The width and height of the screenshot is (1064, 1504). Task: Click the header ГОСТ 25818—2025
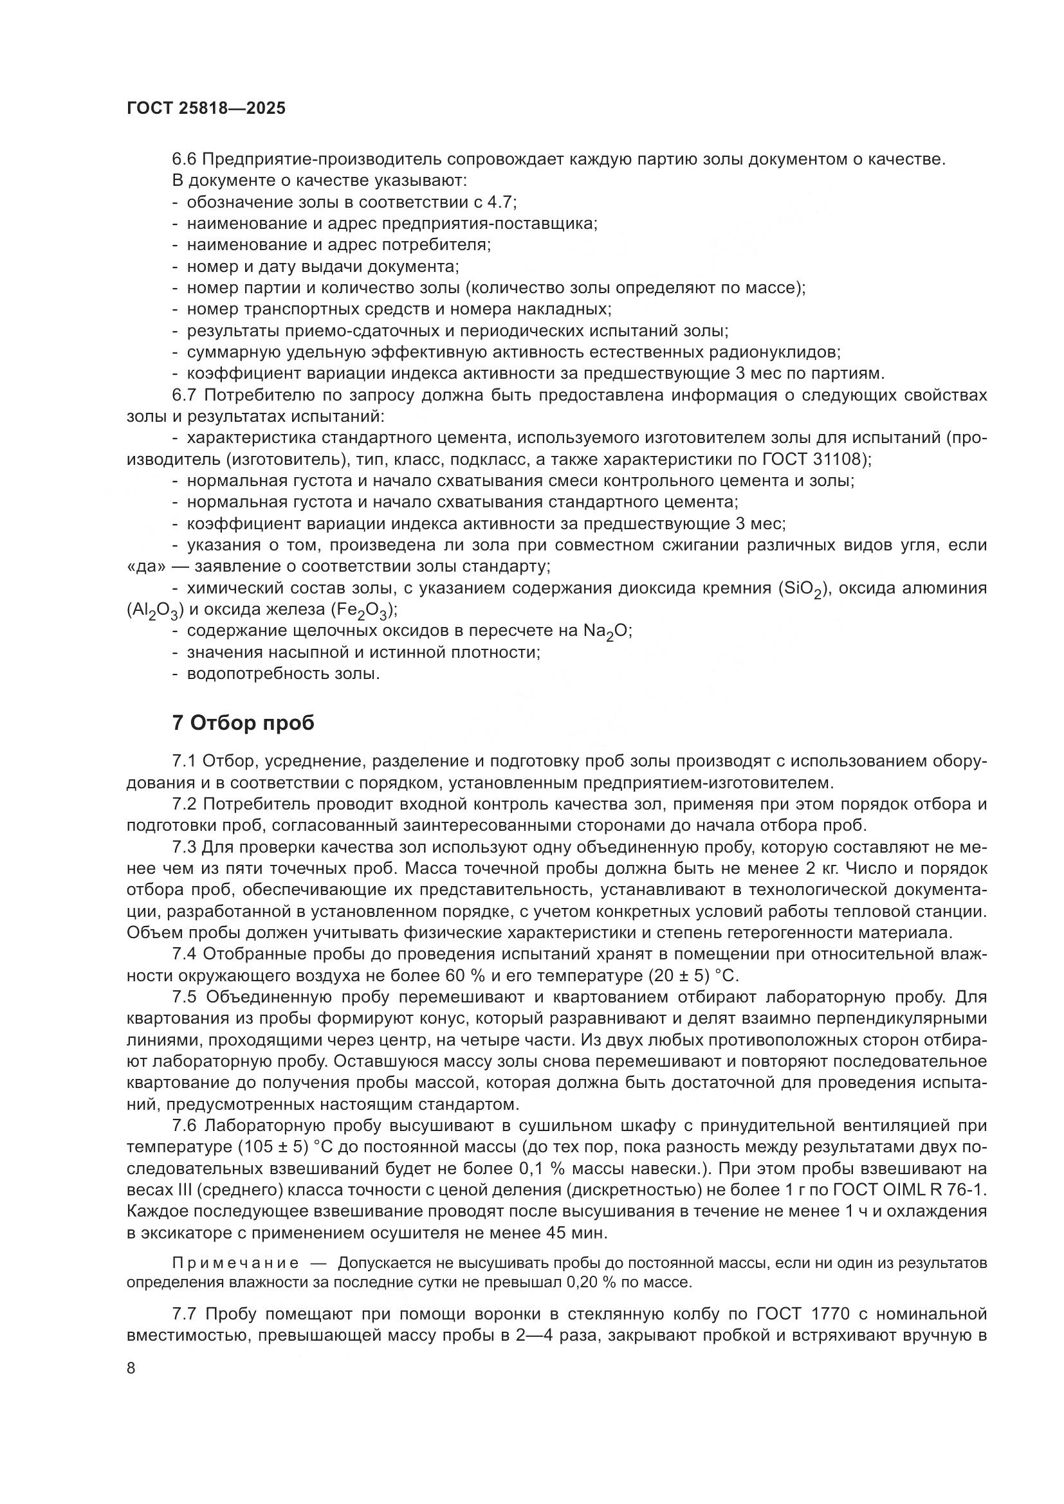pos(206,109)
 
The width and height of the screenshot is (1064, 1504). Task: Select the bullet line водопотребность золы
pos(283,673)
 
